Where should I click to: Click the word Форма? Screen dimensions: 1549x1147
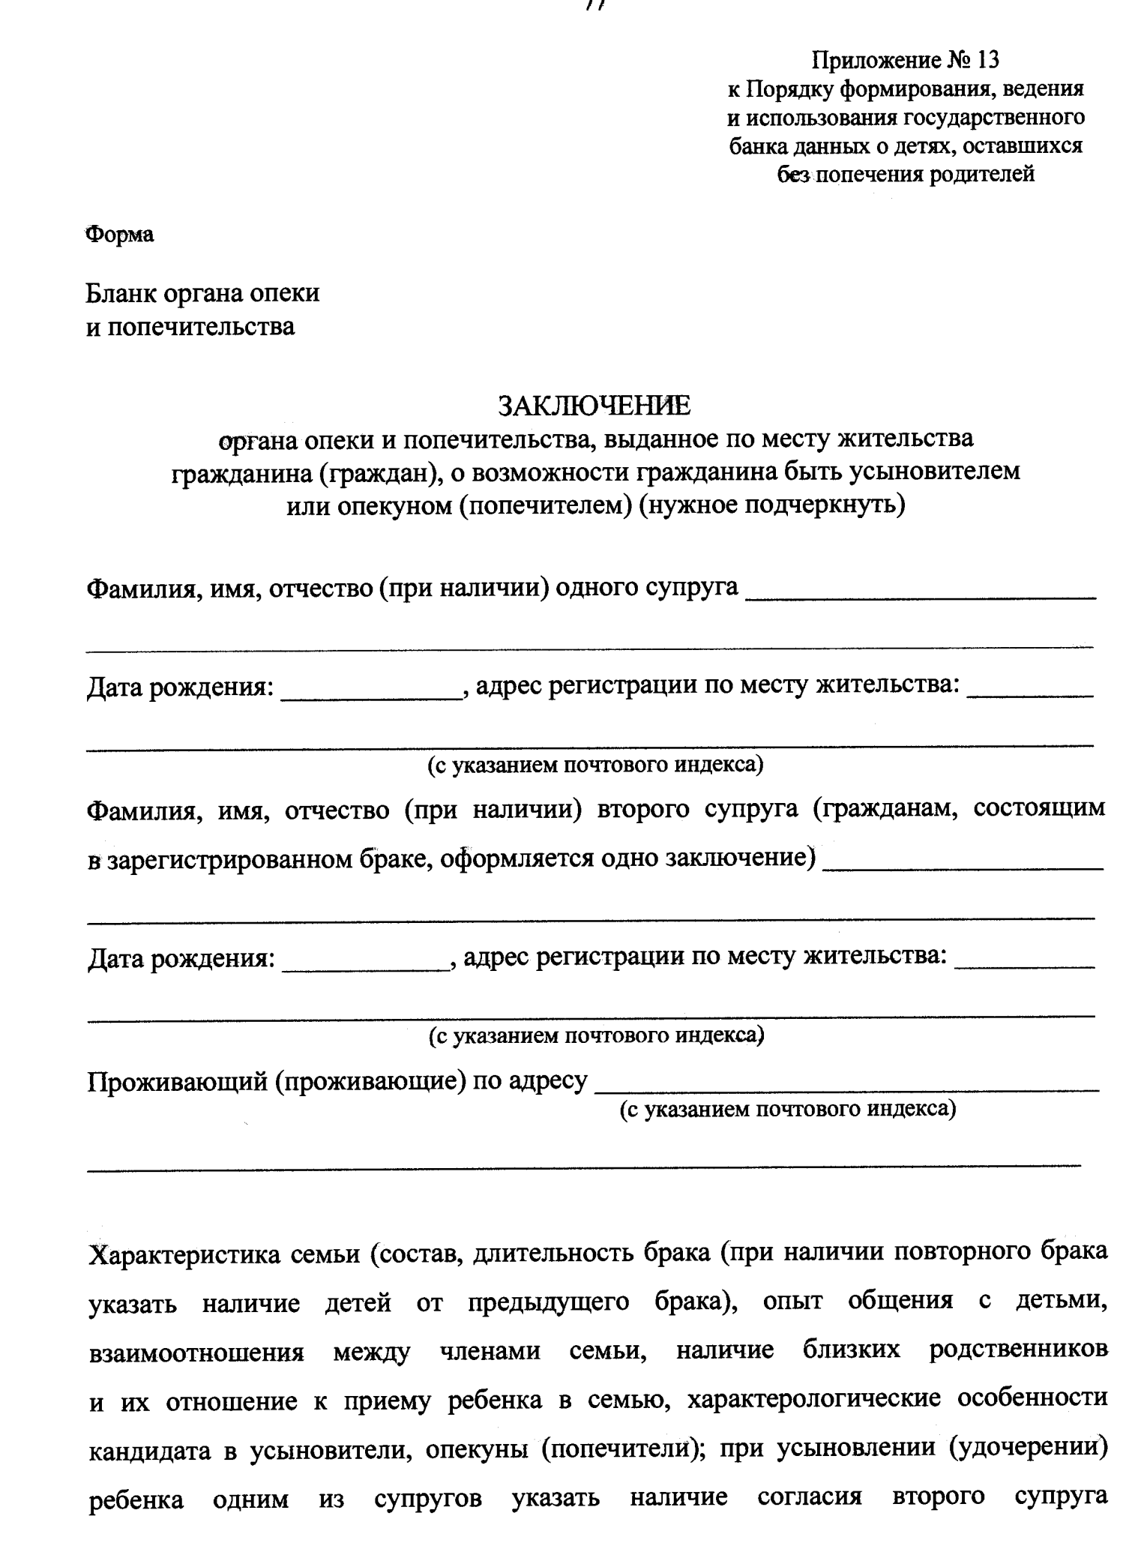tap(120, 235)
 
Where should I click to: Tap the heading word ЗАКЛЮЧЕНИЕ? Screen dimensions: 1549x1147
tap(594, 406)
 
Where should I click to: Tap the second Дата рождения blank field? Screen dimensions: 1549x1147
tap(365, 964)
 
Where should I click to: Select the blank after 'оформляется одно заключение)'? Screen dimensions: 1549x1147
tap(963, 864)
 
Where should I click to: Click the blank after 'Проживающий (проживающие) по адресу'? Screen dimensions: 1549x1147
tap(847, 1084)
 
